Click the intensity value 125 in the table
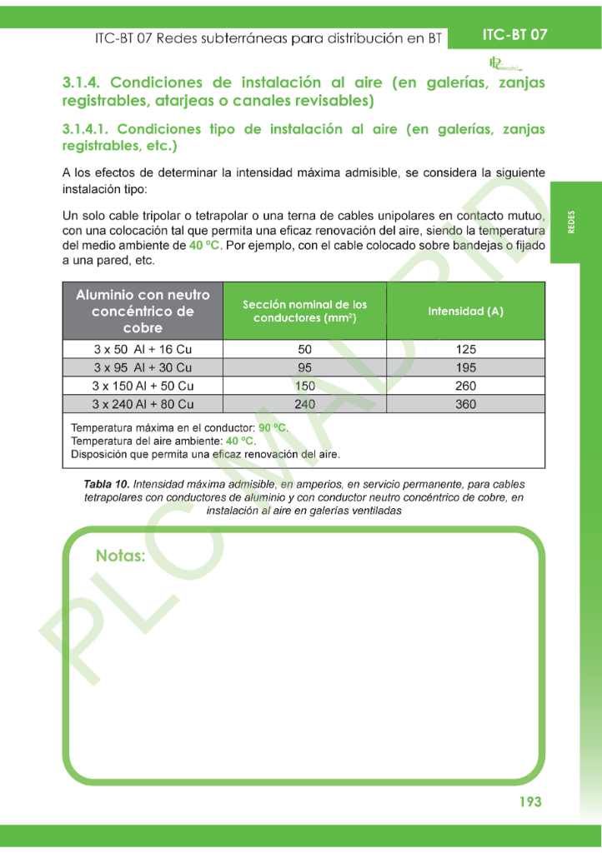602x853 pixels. point(465,349)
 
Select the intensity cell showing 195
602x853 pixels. point(465,367)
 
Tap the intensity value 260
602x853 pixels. point(465,386)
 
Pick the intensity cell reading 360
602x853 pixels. point(465,404)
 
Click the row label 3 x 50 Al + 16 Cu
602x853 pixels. point(143,349)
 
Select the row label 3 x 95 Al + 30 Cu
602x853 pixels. point(143,367)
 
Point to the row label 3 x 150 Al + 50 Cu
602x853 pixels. point(143,386)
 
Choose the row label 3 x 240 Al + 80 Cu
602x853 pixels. point(143,404)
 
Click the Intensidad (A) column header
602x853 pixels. point(465,312)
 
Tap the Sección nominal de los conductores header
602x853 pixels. point(304,312)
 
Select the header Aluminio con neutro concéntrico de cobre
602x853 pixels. point(143,311)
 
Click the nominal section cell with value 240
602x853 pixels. point(304,404)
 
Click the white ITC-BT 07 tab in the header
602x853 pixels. point(514,35)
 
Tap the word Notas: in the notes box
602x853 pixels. point(121,556)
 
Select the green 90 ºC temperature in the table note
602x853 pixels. point(273,428)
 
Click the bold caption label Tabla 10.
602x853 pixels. point(107,484)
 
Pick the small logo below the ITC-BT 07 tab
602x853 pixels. point(504,64)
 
